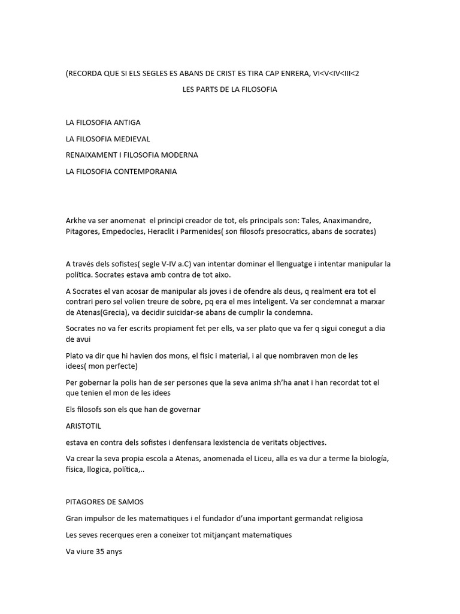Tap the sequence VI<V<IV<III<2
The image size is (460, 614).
click(336, 73)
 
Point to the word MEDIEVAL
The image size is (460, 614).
click(129, 139)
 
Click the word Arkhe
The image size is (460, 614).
click(76, 220)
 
